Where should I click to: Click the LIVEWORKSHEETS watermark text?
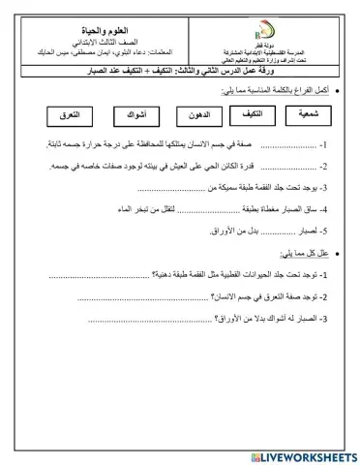pyautogui.click(x=304, y=453)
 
